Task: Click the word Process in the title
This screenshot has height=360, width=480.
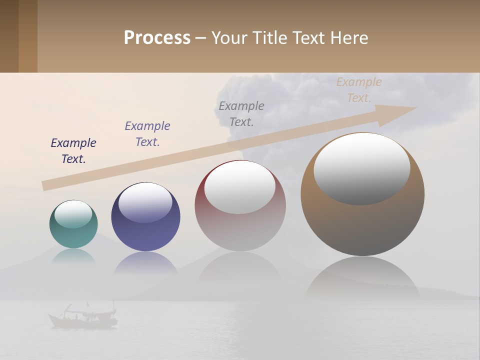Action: (x=157, y=38)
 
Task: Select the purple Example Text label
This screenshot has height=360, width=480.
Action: (x=147, y=134)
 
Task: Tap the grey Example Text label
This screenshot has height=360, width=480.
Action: (x=241, y=113)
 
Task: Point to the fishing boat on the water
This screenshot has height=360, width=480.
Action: (x=83, y=317)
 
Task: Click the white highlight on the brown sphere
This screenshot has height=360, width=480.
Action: (x=362, y=168)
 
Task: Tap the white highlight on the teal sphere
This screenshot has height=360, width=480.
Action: (x=73, y=214)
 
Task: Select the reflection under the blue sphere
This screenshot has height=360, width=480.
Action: (x=145, y=262)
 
